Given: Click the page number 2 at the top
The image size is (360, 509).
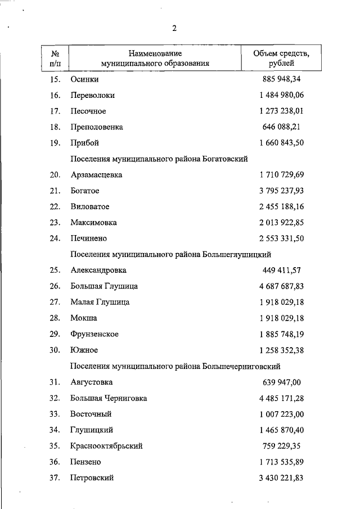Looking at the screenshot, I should (174, 29).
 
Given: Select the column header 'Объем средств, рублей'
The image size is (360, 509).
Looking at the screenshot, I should (281, 58).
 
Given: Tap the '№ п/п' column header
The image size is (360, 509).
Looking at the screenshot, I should (55, 58).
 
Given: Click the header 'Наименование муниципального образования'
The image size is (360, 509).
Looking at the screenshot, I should (155, 58).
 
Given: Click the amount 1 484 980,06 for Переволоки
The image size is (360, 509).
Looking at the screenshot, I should (281, 95).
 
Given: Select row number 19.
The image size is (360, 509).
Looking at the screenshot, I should (55, 143).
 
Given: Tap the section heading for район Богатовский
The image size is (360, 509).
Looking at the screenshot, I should (159, 159).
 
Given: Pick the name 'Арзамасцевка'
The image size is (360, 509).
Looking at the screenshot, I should (96, 175).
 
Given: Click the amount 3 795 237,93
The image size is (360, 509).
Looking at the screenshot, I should (281, 191).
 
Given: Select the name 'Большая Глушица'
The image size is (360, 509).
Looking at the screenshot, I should (104, 286).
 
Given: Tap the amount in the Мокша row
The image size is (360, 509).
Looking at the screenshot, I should (281, 318).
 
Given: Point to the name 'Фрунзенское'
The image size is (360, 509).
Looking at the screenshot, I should (94, 334).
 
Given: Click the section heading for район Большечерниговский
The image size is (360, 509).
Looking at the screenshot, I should (175, 366).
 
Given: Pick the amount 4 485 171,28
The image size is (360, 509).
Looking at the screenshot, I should (281, 398).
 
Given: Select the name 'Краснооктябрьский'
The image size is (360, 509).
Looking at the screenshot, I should (106, 446).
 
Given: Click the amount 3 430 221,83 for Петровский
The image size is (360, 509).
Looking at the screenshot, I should (281, 478).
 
